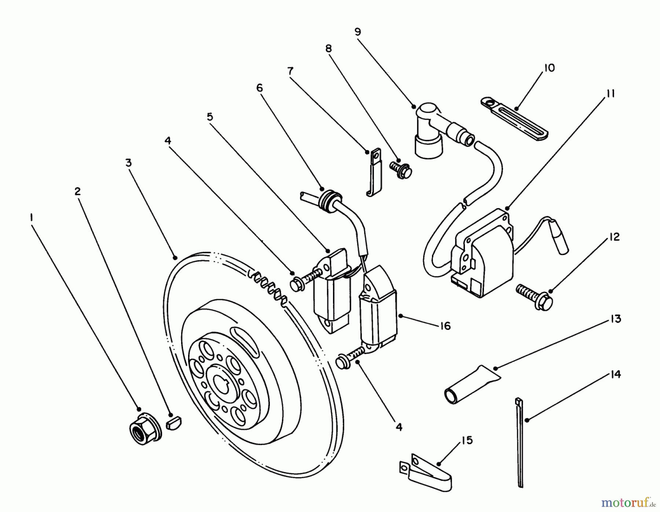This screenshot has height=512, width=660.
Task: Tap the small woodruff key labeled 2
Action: [x=174, y=421]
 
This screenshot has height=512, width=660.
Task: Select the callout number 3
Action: [x=128, y=163]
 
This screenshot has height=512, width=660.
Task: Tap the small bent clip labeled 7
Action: [x=374, y=173]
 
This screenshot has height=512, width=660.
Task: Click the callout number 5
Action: [x=210, y=117]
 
